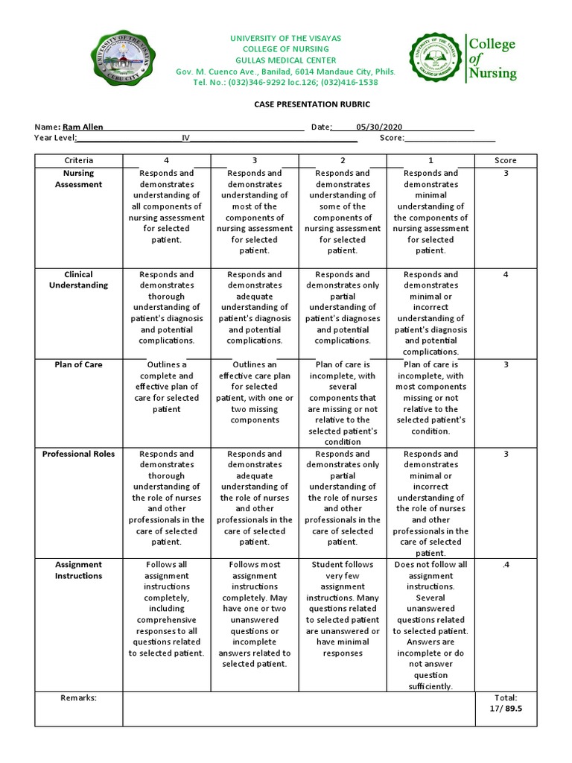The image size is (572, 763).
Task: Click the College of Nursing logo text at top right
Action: click(x=492, y=58)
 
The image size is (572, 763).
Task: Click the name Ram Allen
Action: click(x=83, y=127)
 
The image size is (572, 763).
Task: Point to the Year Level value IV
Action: click(x=186, y=138)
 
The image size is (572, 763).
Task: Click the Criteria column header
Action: click(x=79, y=160)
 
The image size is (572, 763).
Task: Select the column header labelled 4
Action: click(x=166, y=160)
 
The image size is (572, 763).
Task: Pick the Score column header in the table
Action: click(x=505, y=160)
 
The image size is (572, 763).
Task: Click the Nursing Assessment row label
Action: click(x=79, y=179)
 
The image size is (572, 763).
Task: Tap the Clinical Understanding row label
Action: click(x=79, y=279)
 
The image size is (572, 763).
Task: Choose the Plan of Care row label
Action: click(x=79, y=364)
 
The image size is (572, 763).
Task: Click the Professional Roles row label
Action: click(x=79, y=454)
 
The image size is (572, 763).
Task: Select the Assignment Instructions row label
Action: click(x=79, y=570)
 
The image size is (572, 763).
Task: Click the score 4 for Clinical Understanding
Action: click(x=505, y=274)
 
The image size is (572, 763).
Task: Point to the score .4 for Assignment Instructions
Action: click(x=505, y=565)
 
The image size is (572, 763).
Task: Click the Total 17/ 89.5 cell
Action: click(x=505, y=703)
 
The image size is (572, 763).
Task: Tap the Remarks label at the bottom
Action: click(x=79, y=697)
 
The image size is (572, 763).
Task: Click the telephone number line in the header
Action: click(x=286, y=83)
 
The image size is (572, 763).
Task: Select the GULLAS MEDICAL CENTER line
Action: click(x=286, y=60)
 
